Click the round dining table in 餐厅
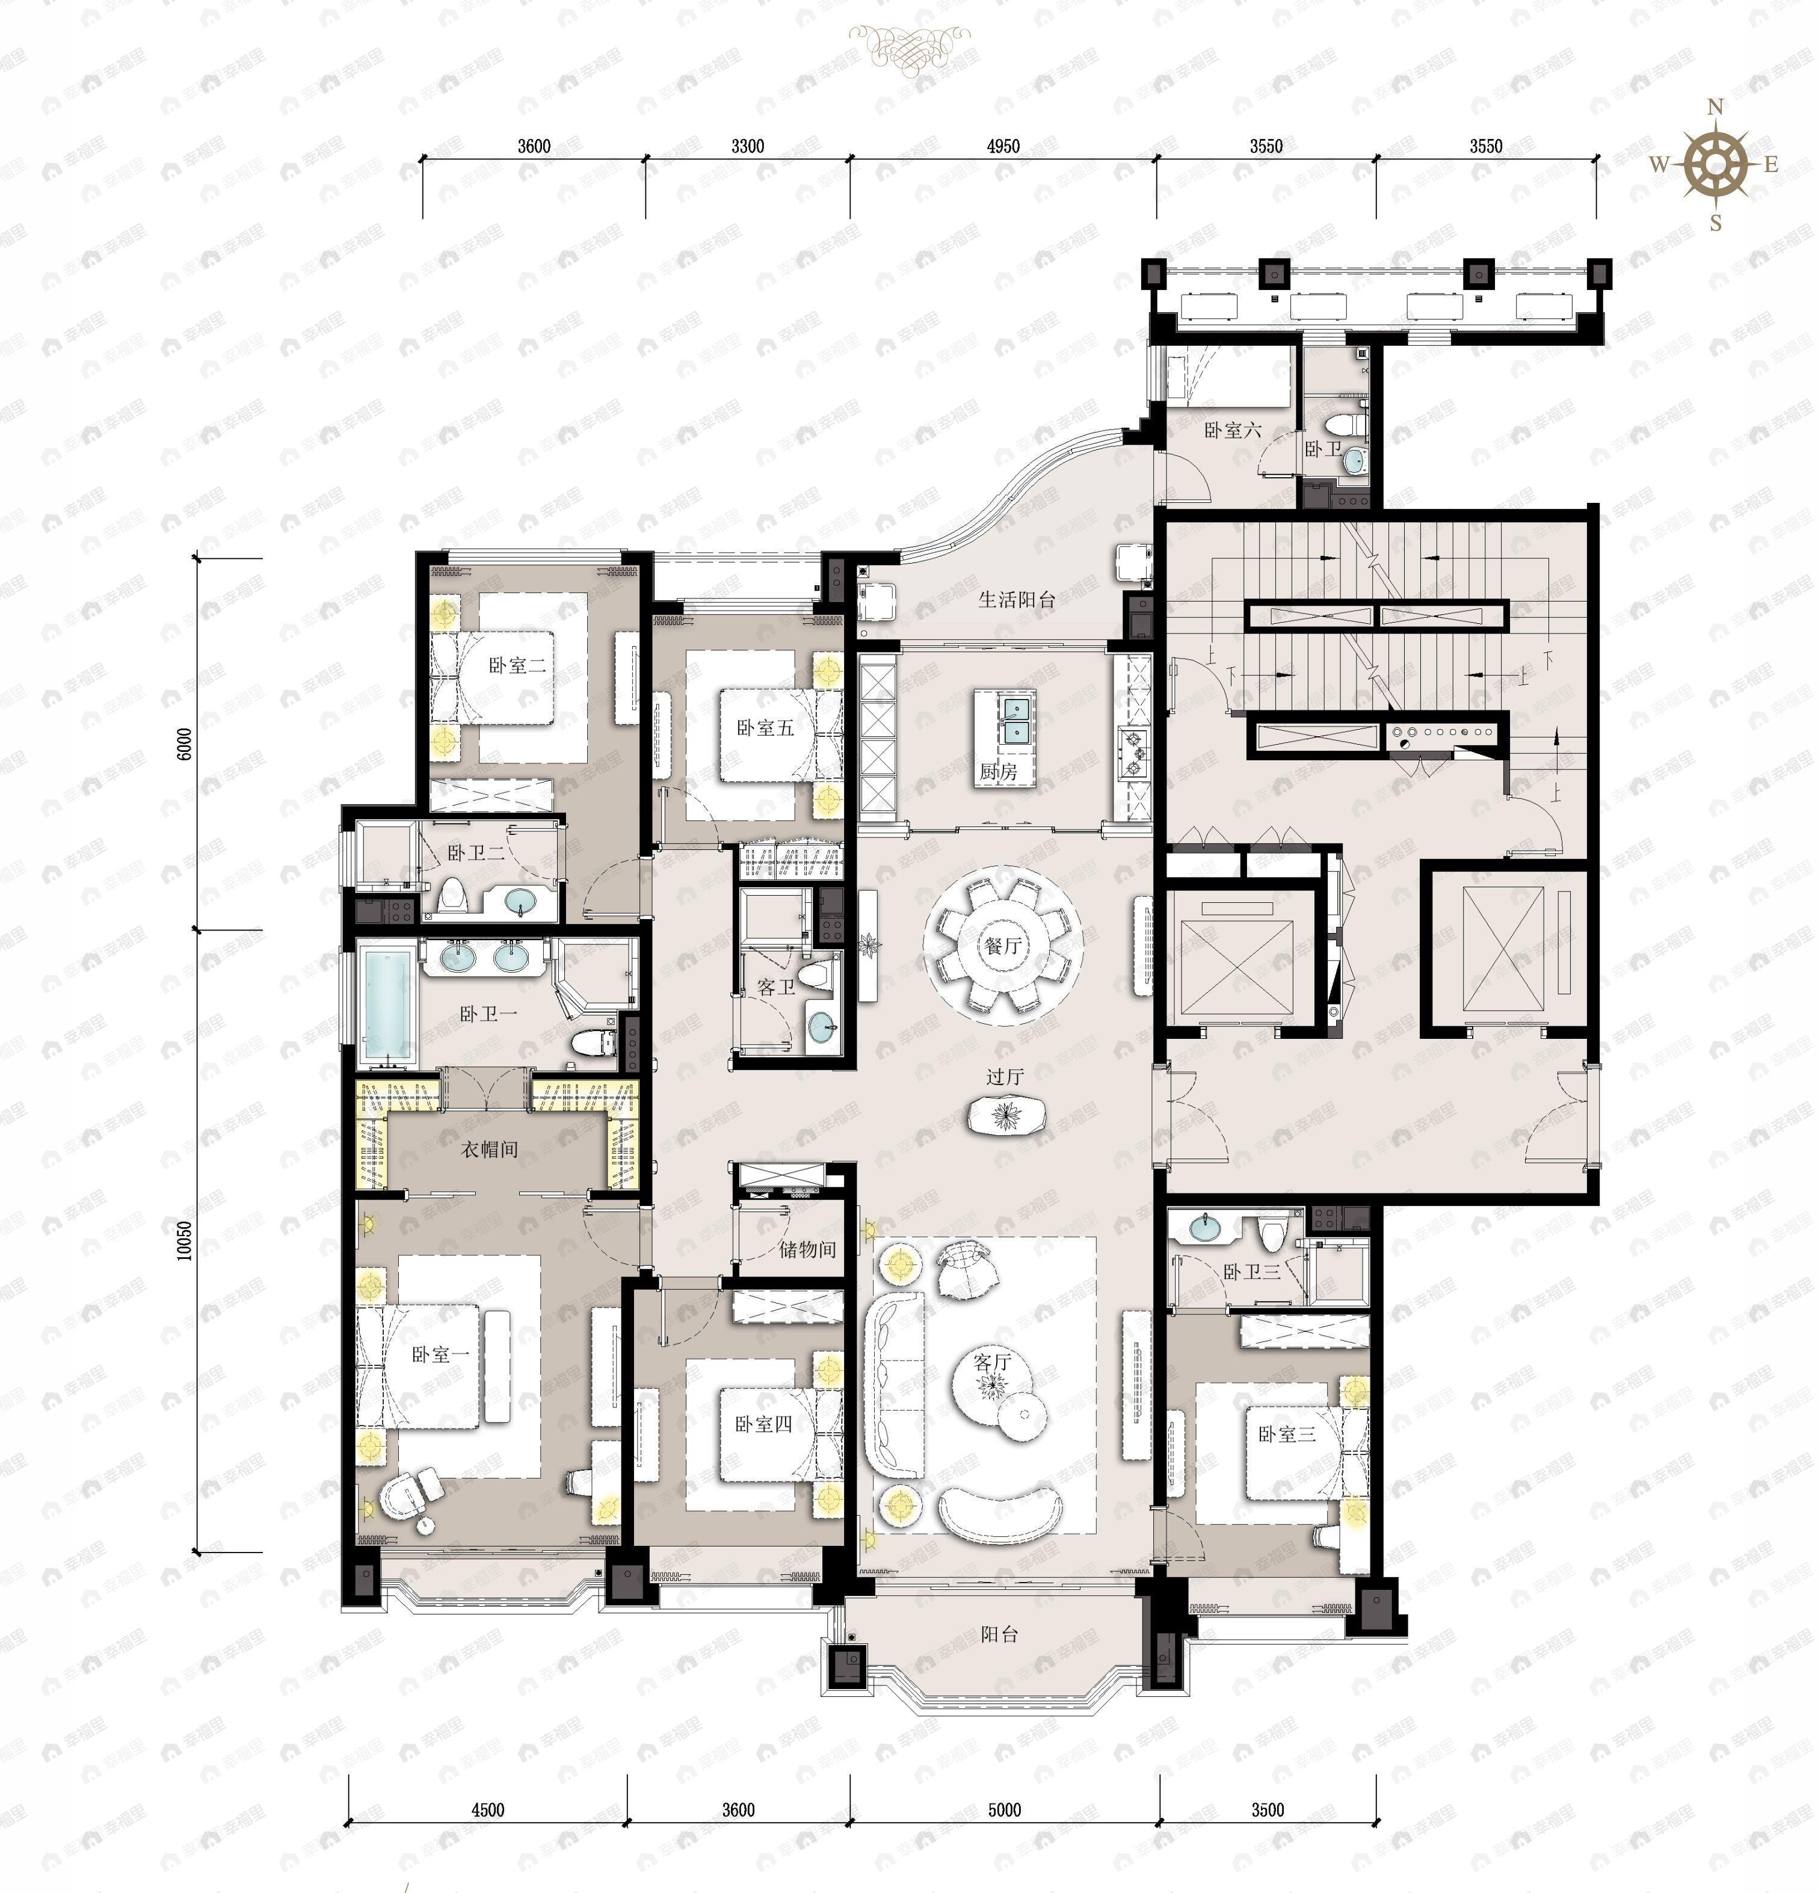[1003, 947]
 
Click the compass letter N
[1716, 107]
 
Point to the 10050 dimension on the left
[185, 1241]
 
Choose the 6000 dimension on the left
[185, 743]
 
